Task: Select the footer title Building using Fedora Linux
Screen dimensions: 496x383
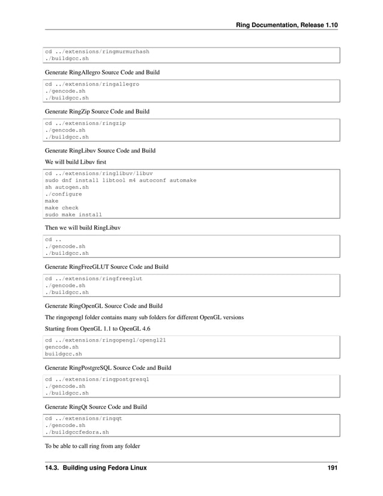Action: pyautogui.click(x=96, y=467)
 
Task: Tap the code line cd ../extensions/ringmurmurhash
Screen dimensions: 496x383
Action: pyautogui.click(x=97, y=52)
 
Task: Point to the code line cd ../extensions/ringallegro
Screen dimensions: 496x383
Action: pyautogui.click(x=92, y=84)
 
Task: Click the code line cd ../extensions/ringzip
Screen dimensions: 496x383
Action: pyautogui.click(x=85, y=123)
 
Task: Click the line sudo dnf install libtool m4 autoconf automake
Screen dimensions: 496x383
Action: pyautogui.click(x=121, y=180)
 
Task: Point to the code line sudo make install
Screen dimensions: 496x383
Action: pyautogui.click(x=74, y=215)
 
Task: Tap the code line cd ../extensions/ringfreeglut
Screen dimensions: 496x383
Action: pyautogui.click(x=94, y=279)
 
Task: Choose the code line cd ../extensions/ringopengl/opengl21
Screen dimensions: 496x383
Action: pyautogui.click(x=106, y=340)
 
